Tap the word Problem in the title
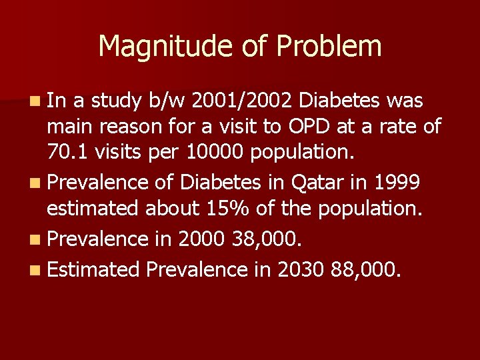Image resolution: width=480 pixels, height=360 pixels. (329, 46)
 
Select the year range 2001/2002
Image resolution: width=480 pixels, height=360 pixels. (242, 101)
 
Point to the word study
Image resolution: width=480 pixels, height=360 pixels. (116, 101)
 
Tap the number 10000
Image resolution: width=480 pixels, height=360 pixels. (215, 153)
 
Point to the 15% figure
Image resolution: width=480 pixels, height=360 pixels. (229, 208)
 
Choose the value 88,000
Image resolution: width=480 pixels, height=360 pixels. (365, 269)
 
